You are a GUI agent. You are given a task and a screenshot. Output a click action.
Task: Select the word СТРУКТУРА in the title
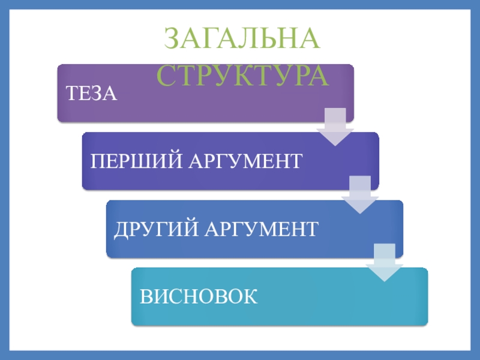243,76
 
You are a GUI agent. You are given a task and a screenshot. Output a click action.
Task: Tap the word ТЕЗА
91,94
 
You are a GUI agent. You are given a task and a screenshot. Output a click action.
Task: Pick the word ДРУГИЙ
151,229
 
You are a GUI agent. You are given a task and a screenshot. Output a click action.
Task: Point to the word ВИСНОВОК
199,297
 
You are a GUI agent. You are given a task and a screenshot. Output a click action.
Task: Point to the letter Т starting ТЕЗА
70,94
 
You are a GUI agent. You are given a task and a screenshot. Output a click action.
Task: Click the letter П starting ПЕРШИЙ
97,161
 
